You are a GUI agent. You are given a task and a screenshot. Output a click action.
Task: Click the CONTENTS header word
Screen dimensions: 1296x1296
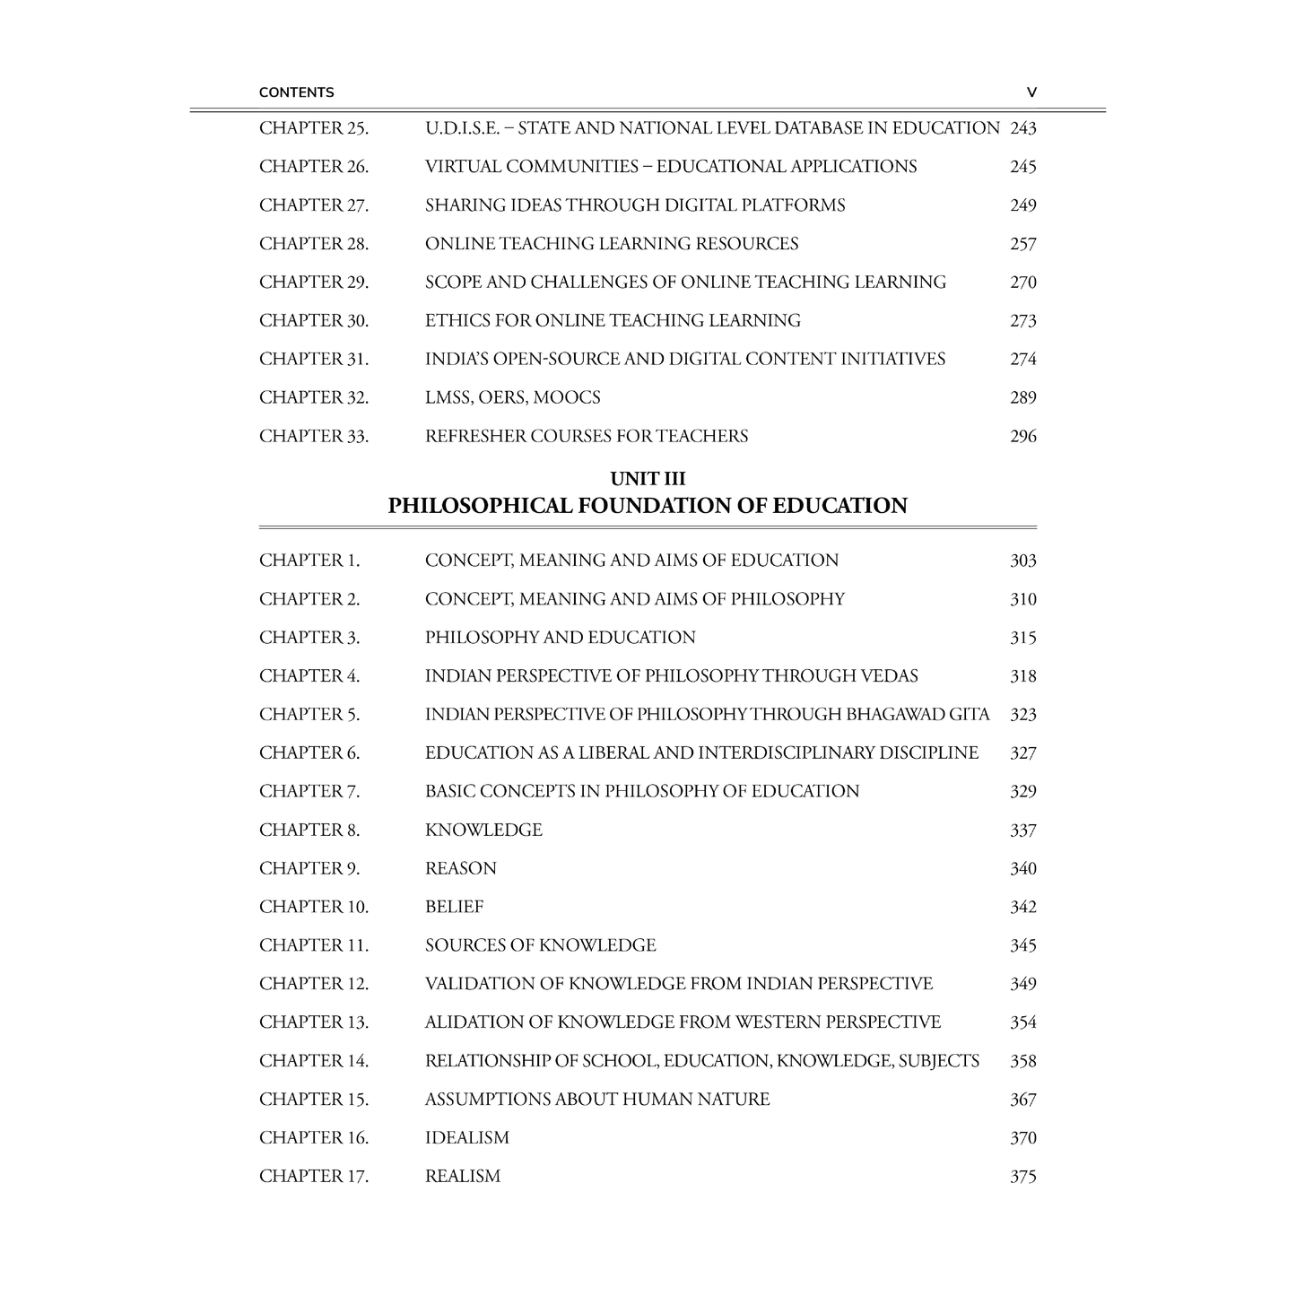(x=296, y=92)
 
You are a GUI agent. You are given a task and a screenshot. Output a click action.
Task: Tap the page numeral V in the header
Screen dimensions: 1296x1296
(x=1031, y=92)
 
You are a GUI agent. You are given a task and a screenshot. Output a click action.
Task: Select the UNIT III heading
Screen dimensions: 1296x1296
(x=648, y=479)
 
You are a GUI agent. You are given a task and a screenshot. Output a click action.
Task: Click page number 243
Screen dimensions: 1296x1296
(x=1022, y=128)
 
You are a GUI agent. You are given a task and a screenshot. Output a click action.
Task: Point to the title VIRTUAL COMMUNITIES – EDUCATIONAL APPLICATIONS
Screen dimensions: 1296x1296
(x=671, y=167)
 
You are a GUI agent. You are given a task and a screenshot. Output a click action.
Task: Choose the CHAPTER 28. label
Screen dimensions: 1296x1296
(x=314, y=244)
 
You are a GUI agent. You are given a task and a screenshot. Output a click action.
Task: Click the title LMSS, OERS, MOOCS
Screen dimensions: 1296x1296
(x=513, y=397)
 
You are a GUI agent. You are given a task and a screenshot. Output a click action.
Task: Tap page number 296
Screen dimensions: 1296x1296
(x=1022, y=437)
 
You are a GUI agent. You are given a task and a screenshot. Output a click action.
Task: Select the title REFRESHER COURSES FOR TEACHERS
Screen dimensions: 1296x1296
(x=587, y=437)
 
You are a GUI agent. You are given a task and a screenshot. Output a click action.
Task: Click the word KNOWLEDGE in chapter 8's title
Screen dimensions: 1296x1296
(x=483, y=831)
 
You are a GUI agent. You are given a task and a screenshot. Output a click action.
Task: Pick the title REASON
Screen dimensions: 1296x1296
(x=461, y=869)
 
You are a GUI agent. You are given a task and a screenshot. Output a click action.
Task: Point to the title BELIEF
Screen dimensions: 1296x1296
(x=454, y=908)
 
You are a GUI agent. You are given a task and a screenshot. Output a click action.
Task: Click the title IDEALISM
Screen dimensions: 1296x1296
(x=467, y=1138)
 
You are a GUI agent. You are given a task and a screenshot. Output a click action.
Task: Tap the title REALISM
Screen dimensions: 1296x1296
(x=463, y=1177)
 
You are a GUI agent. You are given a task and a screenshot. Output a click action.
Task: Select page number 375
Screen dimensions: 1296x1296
(x=1022, y=1177)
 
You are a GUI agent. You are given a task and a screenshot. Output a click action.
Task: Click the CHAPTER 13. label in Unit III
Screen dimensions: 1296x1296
(x=314, y=1022)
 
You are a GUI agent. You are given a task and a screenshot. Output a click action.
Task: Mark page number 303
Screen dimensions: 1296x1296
(x=1022, y=561)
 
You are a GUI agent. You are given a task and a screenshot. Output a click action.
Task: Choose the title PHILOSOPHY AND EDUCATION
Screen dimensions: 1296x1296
(x=561, y=638)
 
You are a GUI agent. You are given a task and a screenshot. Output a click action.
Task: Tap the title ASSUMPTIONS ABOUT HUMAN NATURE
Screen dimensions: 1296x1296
(x=597, y=1100)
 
